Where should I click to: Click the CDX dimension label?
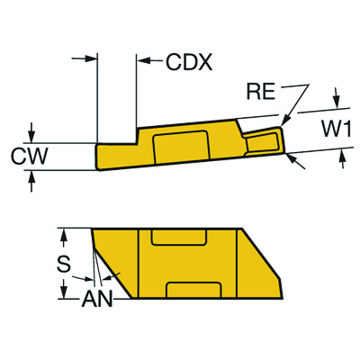point(188,62)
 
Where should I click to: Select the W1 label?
point(336,130)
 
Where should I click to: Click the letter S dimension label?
point(62,265)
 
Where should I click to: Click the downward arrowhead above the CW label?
point(32,136)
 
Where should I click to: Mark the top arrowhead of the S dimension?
point(63,233)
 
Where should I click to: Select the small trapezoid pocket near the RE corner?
point(265,139)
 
